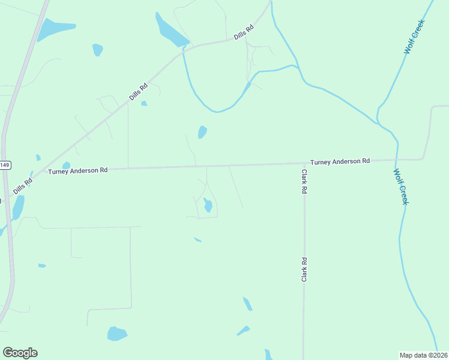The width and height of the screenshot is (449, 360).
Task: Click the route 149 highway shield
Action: tap(5, 165)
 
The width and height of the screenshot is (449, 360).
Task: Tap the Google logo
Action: tap(20, 353)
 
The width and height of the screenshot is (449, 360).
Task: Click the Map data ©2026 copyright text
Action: tap(423, 355)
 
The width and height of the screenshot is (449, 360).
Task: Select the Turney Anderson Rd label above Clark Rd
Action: tap(340, 161)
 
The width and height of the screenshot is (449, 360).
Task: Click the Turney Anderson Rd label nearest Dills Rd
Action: tap(78, 171)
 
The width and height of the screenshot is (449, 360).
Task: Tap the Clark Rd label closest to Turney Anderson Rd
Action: tap(304, 181)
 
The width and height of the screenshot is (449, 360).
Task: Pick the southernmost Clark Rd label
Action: tap(304, 270)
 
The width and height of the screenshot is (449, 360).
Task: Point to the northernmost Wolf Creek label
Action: tap(414, 37)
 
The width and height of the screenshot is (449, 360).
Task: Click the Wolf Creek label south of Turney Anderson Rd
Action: tap(400, 187)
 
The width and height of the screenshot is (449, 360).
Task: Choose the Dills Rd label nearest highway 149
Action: tap(22, 186)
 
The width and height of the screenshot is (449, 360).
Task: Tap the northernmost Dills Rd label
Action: tap(244, 32)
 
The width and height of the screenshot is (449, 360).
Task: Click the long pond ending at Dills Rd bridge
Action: tap(170, 31)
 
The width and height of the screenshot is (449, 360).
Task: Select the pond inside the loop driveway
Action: tap(208, 205)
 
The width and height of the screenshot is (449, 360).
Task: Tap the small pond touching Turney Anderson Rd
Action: tap(66, 166)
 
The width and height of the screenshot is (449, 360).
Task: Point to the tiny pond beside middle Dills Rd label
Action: tap(144, 104)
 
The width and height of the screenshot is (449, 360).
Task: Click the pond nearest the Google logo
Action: tap(117, 334)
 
